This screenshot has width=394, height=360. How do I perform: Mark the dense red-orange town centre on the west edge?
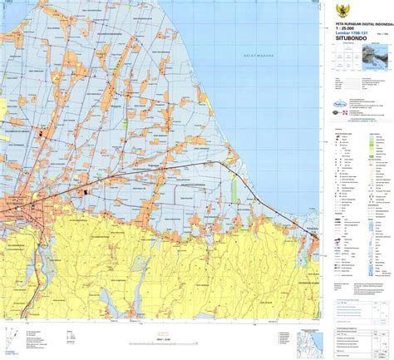(18, 206)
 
